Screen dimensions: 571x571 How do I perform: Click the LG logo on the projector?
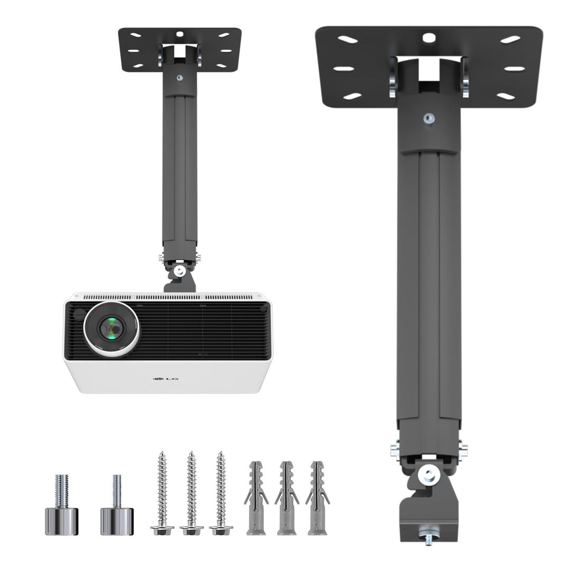164,377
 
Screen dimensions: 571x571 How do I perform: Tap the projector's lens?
112,329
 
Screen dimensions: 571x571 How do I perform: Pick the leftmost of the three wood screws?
162,492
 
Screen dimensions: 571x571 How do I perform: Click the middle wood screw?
191,492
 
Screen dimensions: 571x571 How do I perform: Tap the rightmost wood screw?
220,492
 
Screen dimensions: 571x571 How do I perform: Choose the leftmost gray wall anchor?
256,497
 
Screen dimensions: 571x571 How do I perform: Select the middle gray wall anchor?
287,497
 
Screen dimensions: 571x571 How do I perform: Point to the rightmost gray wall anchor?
318,497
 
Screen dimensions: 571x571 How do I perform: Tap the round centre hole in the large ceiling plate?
429,38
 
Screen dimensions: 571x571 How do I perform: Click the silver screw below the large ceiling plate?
429,118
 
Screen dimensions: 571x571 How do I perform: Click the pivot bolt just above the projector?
180,271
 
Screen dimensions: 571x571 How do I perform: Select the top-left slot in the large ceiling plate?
347,39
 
